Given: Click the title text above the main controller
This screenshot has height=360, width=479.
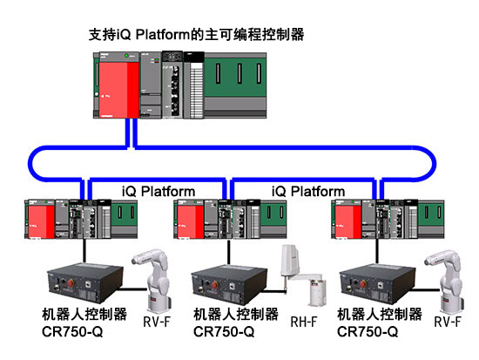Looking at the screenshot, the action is point(196,34).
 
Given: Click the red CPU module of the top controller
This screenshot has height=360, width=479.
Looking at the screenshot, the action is point(118,89).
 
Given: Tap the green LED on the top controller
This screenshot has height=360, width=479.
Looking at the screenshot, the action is point(126,56).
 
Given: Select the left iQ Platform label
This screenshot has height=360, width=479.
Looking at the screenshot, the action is point(159,192).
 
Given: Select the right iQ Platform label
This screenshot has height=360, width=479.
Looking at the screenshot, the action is point(308,192).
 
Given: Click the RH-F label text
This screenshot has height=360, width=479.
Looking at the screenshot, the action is point(304,322).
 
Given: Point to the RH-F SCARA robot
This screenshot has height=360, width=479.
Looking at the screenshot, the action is point(302,274).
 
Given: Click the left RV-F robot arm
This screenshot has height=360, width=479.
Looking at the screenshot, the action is point(153,280).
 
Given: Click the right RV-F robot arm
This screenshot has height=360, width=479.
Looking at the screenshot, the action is point(445,280).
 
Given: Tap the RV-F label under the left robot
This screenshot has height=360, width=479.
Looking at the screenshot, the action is point(157,322).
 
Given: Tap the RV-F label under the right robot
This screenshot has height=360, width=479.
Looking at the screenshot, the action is point(448,322).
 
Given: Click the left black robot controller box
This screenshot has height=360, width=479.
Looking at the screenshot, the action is point(85,282).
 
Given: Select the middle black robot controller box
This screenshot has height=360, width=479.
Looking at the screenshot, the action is point(229,284).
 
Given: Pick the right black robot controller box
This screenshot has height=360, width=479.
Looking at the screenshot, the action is point(377,284).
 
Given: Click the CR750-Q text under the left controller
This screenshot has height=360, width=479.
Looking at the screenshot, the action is point(72,332).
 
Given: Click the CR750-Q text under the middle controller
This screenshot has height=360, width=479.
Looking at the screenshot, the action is point(224,332).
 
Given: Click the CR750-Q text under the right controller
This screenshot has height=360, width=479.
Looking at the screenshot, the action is point(368,332).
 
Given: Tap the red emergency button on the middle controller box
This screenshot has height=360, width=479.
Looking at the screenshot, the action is point(215,285).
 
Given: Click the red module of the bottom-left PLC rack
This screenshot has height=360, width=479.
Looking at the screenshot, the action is point(41,221).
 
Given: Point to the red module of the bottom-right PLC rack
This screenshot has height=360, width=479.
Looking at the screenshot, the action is point(348,221).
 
